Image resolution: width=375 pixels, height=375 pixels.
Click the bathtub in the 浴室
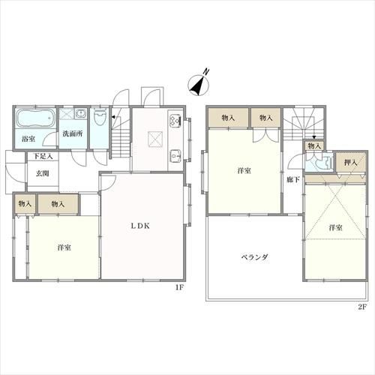click(x=36, y=118)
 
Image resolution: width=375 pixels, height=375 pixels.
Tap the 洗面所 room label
click(x=73, y=133)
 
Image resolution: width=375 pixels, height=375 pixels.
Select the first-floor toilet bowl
click(x=100, y=116)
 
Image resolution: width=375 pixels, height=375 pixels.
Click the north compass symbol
click(x=199, y=84)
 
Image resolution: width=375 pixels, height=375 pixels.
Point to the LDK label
click(x=140, y=226)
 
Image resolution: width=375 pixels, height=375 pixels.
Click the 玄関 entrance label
click(x=43, y=173)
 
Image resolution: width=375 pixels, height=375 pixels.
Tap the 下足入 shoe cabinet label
click(x=43, y=157)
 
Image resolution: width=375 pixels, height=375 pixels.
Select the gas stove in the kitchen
click(x=175, y=119)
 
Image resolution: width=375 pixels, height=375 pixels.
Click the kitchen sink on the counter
click(x=175, y=156)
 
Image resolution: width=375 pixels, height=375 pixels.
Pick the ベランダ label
click(x=255, y=256)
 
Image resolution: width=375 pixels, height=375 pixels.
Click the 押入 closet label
click(x=350, y=163)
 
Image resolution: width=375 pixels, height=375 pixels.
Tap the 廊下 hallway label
click(x=293, y=179)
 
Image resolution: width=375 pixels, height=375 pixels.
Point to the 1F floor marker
click(x=179, y=287)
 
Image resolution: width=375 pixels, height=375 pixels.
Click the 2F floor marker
click(x=362, y=307)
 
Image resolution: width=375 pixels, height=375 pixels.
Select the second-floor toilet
click(x=324, y=163)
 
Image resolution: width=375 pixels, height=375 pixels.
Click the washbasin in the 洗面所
click(x=80, y=114)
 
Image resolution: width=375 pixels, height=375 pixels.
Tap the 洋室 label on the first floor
click(x=64, y=247)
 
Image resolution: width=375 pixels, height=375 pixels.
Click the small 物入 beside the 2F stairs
click(x=314, y=145)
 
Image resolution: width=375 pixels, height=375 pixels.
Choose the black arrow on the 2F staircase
click(x=314, y=137)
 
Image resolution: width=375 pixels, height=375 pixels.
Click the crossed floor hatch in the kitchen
click(x=155, y=139)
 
